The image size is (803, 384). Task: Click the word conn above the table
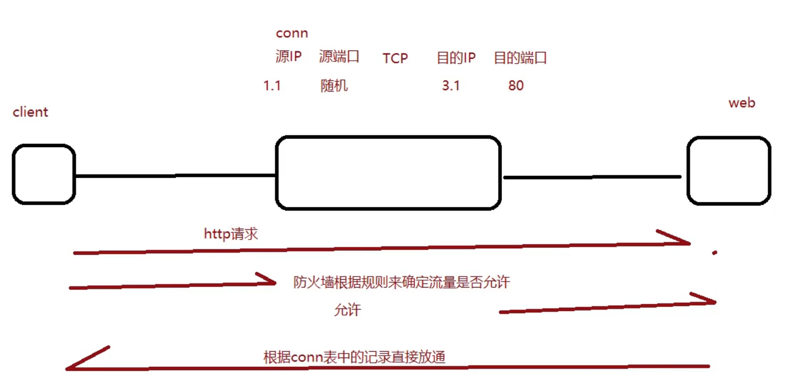292,33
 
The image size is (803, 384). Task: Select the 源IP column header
288,56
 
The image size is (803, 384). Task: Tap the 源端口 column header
339,56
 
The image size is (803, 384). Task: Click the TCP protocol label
395,58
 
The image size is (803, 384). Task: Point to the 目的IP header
456,58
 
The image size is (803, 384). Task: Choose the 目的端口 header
520,58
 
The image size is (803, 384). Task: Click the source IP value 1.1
272,86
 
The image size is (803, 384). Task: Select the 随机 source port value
334,86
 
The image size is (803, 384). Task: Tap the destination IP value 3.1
451,86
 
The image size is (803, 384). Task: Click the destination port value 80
516,86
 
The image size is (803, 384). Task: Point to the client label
30,112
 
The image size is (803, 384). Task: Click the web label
742,103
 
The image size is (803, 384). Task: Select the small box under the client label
44,174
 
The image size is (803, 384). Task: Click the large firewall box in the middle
388,173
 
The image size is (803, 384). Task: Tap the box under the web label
729,170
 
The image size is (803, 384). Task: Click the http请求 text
231,234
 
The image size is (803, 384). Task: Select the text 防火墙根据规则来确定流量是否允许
401,282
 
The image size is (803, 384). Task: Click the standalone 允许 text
347,310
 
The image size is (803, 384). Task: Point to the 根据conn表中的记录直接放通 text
354,357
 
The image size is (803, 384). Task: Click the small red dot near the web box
715,253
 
